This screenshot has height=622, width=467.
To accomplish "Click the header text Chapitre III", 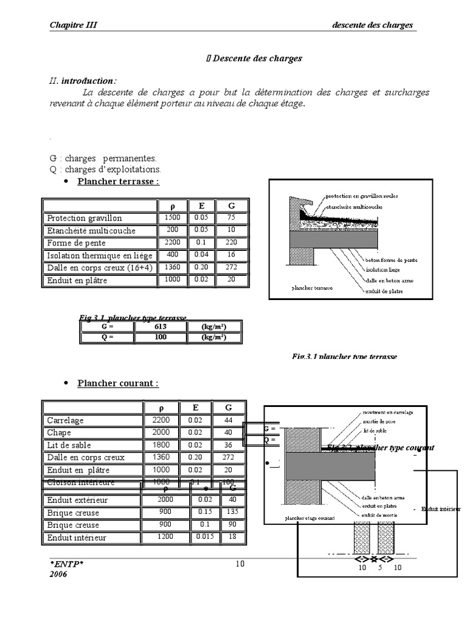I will tap(73, 25).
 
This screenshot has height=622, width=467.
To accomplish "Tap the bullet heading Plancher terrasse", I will tap(118, 181).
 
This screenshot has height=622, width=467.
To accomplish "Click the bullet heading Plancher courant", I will tap(117, 383).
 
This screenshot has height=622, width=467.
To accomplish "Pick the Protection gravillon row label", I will tap(85, 218).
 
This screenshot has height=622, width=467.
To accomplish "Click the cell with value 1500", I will tap(173, 217).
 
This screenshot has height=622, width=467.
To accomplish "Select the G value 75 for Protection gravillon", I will tap(231, 217).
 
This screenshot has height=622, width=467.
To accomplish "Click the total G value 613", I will tap(161, 327).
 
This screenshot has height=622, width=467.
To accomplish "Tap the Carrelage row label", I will tap(66, 420).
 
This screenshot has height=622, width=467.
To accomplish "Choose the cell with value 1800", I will tap(161, 445).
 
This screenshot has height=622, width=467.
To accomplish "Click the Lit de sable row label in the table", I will tap(69, 445).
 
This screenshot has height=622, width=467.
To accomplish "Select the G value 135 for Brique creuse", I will tap(232, 512).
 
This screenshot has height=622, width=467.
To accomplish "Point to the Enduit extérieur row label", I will tap(77, 500).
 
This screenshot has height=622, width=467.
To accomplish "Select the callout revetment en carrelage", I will tap(387, 412).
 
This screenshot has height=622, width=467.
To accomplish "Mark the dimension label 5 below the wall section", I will tap(379, 567).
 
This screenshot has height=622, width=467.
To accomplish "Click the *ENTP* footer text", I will tap(67, 564).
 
